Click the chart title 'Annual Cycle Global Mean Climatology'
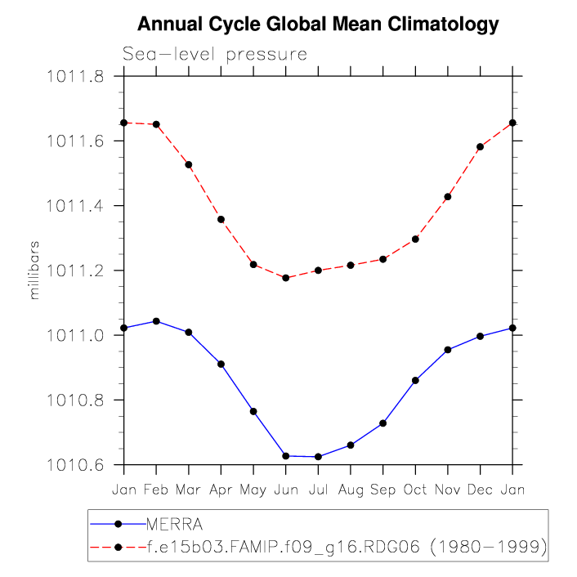coord(317,25)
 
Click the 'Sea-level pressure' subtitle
coord(215,55)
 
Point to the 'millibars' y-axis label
coord(34,271)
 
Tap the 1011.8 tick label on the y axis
coord(74,77)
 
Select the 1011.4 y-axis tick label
coord(74,206)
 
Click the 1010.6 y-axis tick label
coord(74,465)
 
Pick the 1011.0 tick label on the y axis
coord(74,335)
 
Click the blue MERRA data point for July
coord(318,457)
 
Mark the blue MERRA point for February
coord(156,321)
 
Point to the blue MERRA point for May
coord(253,411)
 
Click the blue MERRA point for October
coord(415,380)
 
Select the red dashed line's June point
coord(285,278)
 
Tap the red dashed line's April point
coord(221,219)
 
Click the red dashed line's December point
coord(480,147)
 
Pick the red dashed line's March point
coord(189,164)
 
